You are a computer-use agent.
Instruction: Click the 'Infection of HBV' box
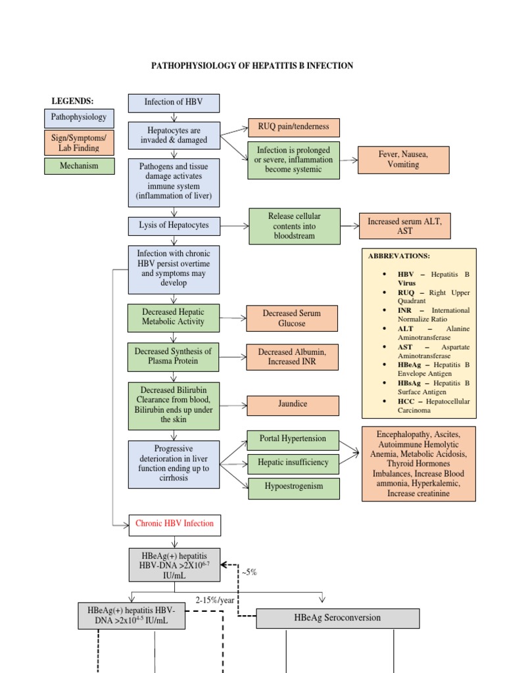[174, 103]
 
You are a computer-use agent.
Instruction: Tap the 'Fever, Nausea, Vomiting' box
[403, 160]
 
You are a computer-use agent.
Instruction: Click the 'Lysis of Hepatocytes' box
[174, 225]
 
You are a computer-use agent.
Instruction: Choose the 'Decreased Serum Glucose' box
[292, 319]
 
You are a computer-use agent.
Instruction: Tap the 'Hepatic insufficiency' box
[293, 463]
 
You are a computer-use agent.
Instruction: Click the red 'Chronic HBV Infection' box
[175, 524]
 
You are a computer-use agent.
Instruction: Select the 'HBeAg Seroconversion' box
[337, 618]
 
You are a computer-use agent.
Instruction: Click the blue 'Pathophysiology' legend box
[79, 118]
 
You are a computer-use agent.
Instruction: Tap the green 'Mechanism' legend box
[79, 166]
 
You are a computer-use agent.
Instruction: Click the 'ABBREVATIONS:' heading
[398, 256]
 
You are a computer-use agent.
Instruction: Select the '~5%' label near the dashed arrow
[249, 572]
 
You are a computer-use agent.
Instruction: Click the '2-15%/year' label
[215, 600]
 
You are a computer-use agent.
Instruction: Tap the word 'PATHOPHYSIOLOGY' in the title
[192, 66]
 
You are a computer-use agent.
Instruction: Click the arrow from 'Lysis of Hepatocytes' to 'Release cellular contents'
[234, 226]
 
